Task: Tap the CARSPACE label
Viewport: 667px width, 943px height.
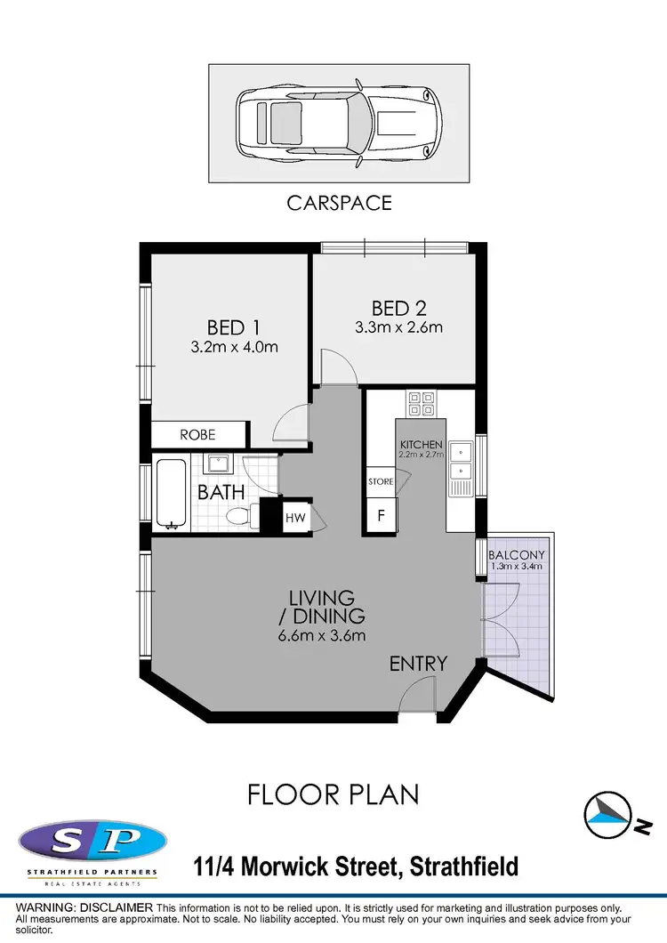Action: (x=339, y=203)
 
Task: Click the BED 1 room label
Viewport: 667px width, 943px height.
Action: (x=233, y=326)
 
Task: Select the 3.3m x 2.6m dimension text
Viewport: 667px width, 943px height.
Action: (x=398, y=327)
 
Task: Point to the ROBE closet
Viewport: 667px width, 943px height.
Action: (x=197, y=435)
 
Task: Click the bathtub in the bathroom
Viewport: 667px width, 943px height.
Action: (x=171, y=492)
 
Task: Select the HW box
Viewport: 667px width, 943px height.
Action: (x=295, y=517)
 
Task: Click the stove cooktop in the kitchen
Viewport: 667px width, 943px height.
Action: (x=421, y=405)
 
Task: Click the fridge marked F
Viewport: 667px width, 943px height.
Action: (x=382, y=515)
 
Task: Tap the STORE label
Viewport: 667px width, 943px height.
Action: (x=381, y=481)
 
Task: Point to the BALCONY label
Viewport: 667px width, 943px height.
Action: (x=516, y=555)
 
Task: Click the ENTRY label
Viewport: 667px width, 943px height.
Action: (x=418, y=664)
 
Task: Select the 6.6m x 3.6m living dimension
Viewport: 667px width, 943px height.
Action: (x=321, y=635)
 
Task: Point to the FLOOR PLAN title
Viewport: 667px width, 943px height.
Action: (x=333, y=794)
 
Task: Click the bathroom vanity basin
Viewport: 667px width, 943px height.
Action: (x=216, y=464)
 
